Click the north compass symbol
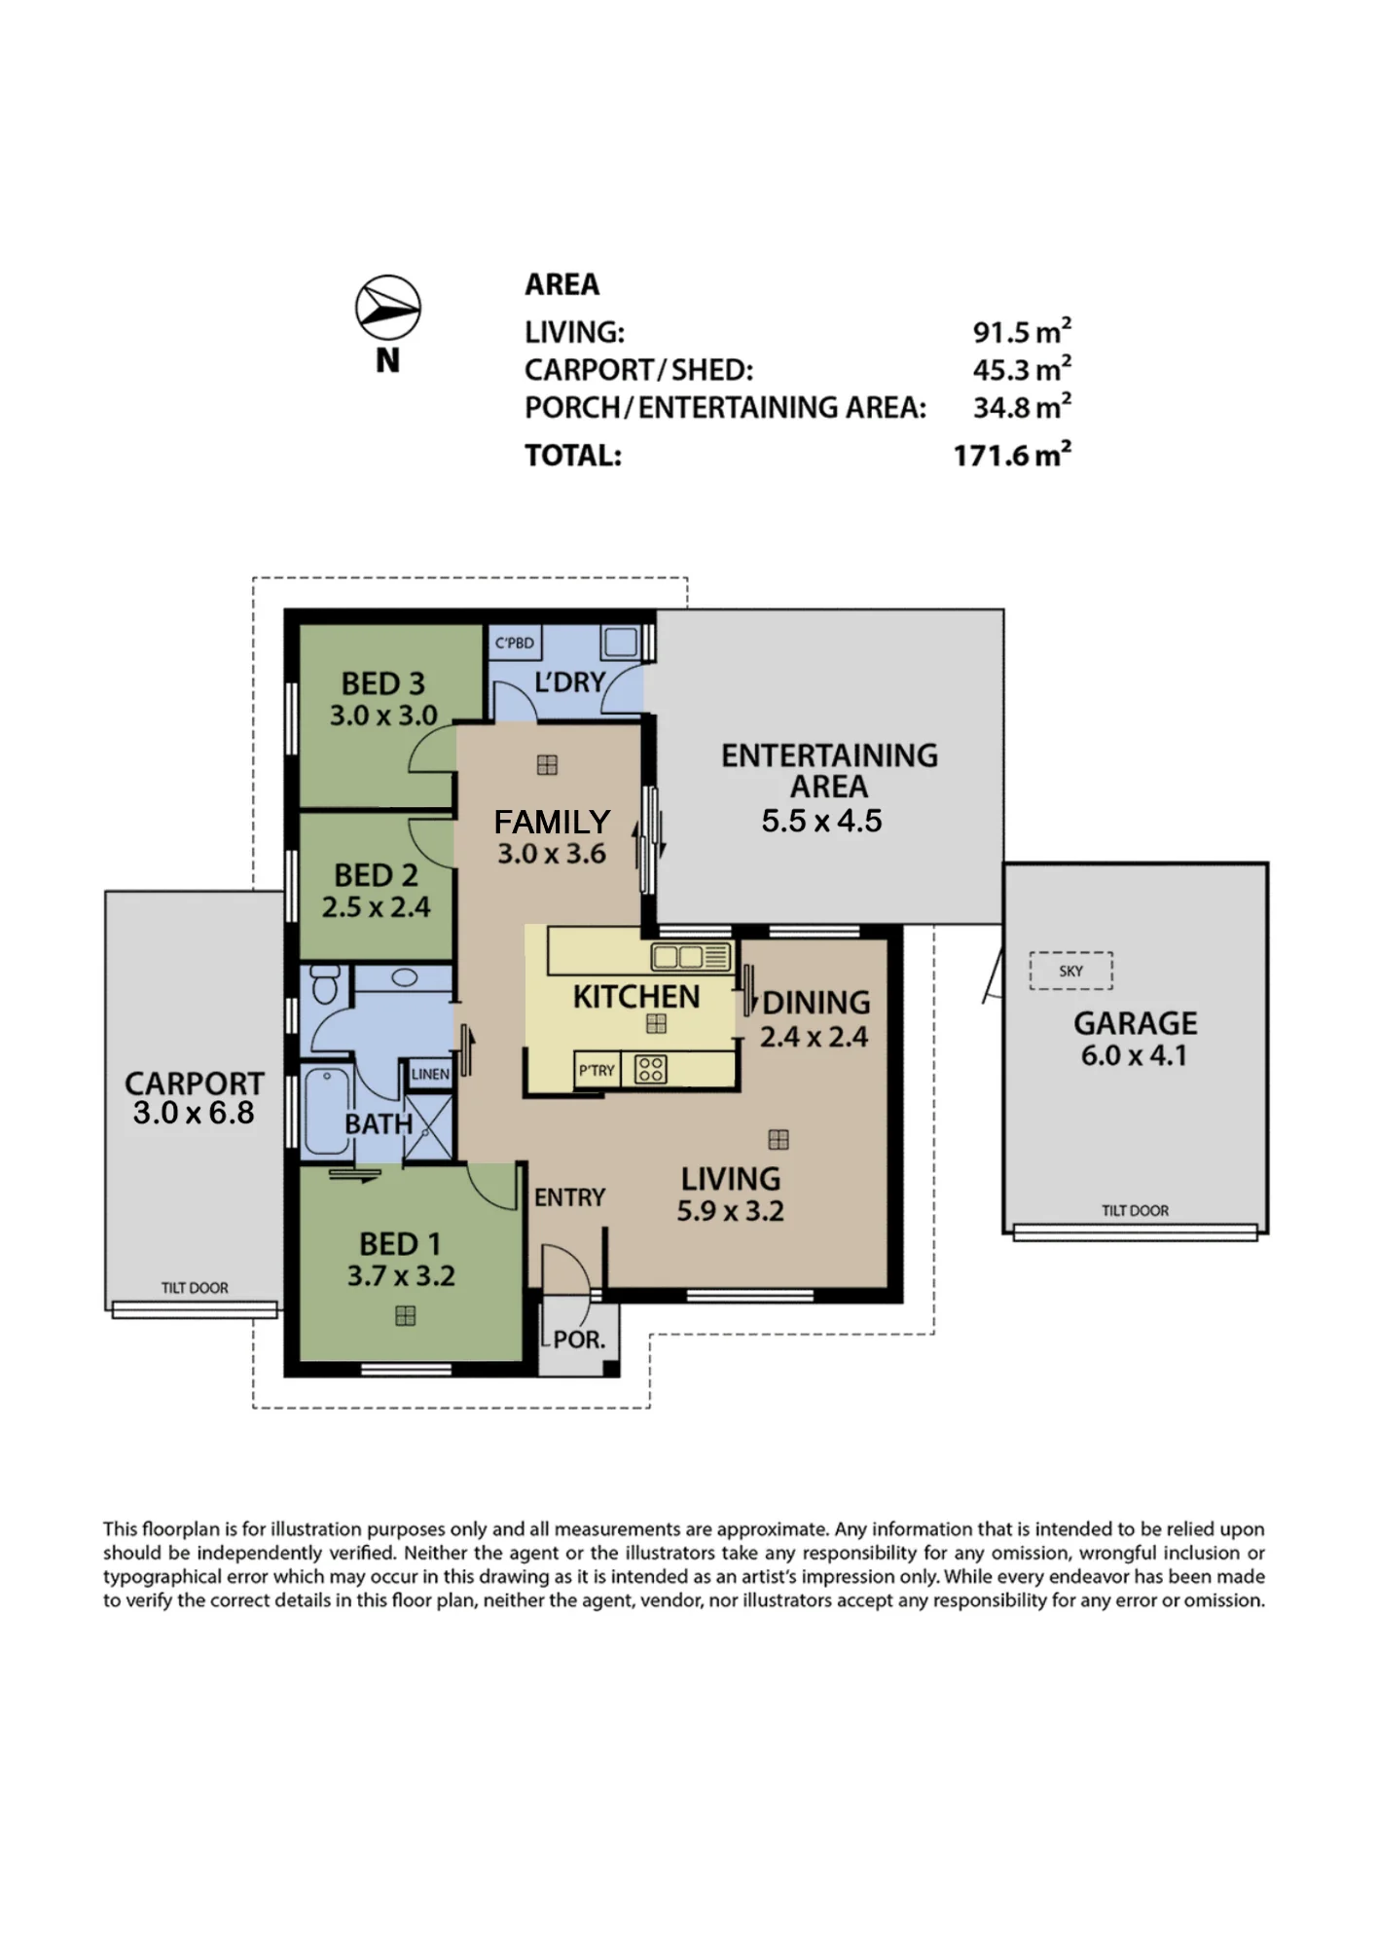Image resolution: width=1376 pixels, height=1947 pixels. (x=388, y=308)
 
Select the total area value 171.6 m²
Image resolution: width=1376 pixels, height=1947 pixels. (x=1012, y=455)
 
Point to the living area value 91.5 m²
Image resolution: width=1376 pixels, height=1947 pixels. (x=1022, y=331)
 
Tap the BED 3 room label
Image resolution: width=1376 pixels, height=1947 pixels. (x=383, y=683)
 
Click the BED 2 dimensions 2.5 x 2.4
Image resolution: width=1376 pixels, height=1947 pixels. (x=377, y=907)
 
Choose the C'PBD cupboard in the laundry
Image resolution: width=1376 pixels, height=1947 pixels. (x=515, y=643)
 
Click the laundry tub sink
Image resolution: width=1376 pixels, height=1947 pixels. (x=621, y=642)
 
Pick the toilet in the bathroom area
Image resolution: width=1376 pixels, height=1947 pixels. (x=325, y=984)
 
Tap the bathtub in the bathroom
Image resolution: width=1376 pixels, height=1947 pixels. (x=327, y=1111)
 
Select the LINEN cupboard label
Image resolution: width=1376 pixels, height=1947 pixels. (x=430, y=1074)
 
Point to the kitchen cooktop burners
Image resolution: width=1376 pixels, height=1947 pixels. (x=650, y=1069)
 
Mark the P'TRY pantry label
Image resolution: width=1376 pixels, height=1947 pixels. (x=597, y=1070)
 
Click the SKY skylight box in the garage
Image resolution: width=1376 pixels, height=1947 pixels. (x=1070, y=971)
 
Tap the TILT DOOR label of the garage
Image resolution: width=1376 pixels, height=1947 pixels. (x=1135, y=1210)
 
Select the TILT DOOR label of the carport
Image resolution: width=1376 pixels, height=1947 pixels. (x=195, y=1287)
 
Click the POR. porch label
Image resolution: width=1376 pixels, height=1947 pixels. (x=579, y=1340)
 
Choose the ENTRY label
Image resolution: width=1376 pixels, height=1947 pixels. (x=569, y=1197)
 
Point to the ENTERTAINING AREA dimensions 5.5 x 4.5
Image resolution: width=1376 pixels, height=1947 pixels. (x=821, y=821)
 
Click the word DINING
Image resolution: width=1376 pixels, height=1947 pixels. (x=816, y=1002)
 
